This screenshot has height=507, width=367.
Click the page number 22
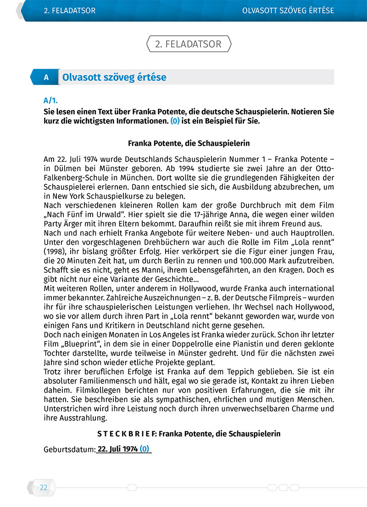point(44,488)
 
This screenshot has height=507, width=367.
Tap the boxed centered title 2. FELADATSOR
point(188,44)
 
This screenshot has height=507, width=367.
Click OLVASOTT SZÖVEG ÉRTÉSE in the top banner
point(288,10)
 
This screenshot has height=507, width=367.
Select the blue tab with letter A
point(46,77)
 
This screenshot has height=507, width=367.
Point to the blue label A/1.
point(50,100)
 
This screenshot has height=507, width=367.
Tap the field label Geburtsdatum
point(69,450)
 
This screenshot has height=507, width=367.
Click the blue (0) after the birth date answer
point(145,449)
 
